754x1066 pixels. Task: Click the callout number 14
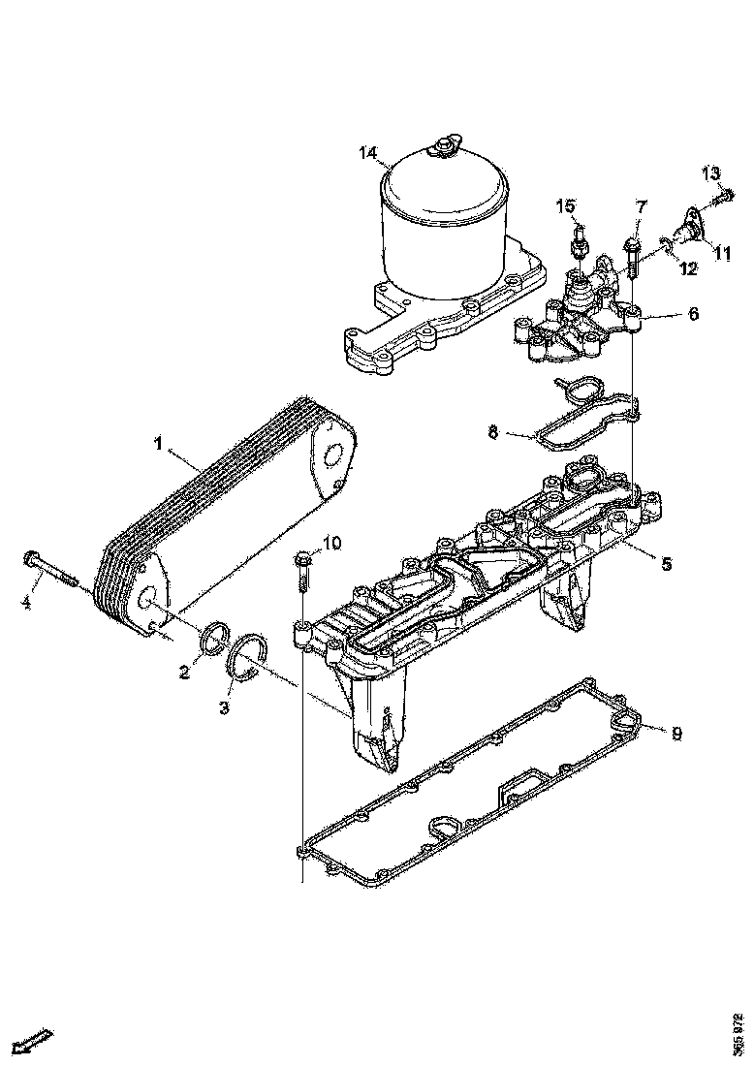click(x=367, y=153)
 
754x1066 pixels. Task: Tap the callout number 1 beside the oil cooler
click(x=157, y=445)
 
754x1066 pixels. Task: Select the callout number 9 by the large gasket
click(x=675, y=734)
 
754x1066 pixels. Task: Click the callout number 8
click(x=493, y=432)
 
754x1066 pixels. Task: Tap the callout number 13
click(x=710, y=173)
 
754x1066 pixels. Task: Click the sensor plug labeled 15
click(x=579, y=242)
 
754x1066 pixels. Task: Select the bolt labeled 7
click(x=632, y=252)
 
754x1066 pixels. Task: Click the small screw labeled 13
click(x=723, y=199)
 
